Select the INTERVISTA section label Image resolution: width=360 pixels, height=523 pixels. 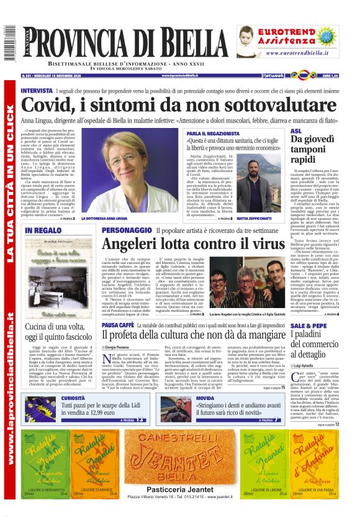tap(37, 91)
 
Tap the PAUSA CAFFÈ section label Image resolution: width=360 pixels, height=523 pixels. tap(117, 324)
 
